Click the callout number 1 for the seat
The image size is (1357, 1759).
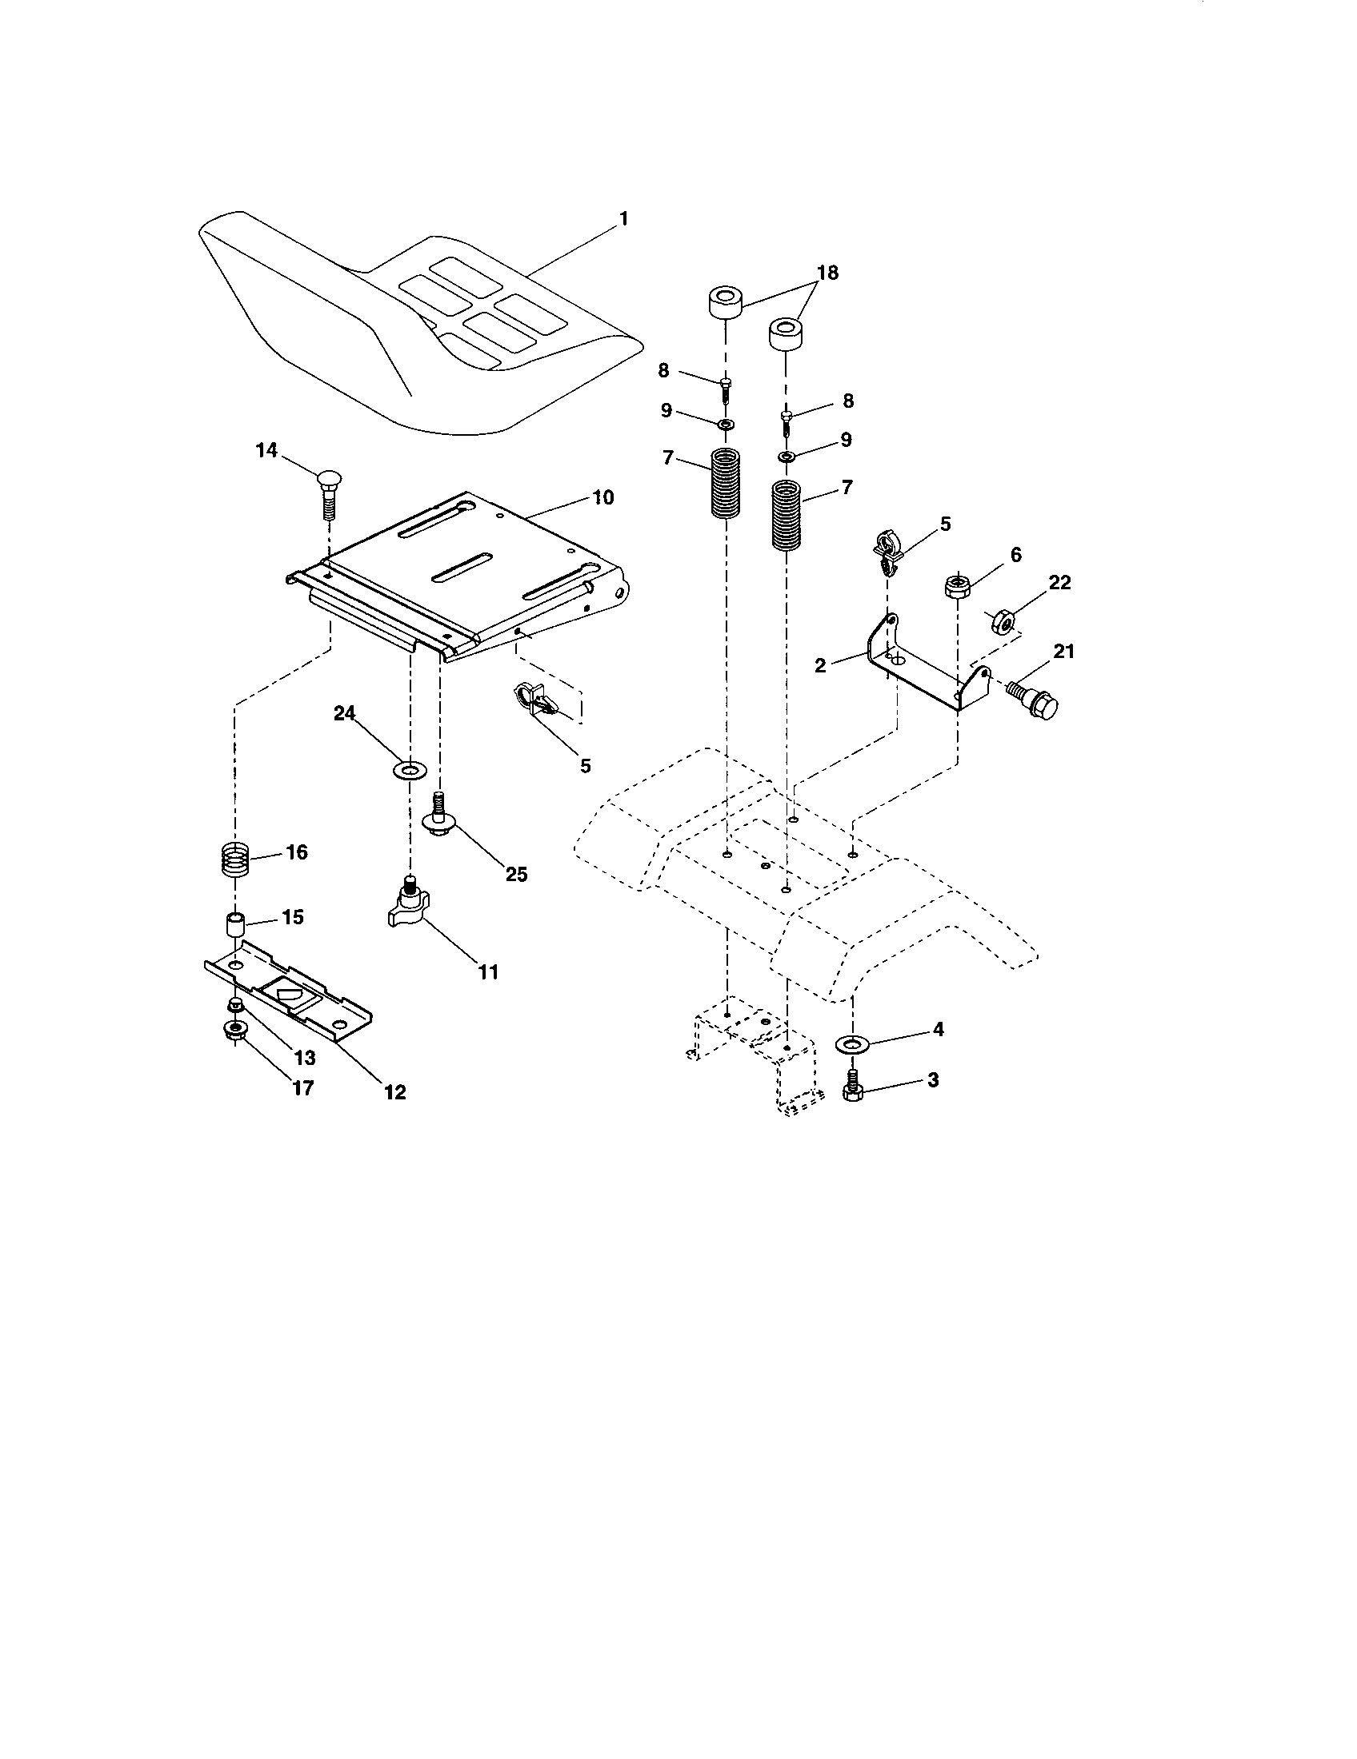coord(623,218)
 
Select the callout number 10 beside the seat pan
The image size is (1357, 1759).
coord(602,497)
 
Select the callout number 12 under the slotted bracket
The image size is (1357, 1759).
coord(394,1092)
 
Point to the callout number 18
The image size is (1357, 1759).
coord(827,273)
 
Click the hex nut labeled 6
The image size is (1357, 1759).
coord(956,584)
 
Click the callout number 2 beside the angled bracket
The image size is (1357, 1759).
coord(820,666)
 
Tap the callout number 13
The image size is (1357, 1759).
coord(304,1058)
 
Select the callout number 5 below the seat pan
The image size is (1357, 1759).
coord(585,765)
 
